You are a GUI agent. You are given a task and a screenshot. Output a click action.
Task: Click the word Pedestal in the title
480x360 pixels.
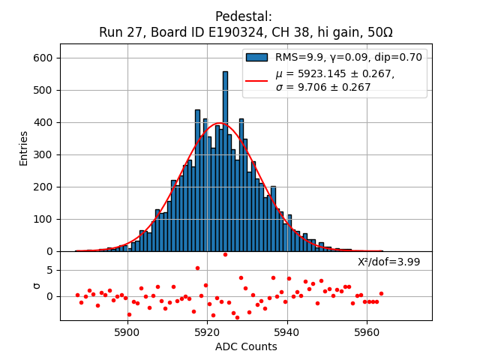(244, 16)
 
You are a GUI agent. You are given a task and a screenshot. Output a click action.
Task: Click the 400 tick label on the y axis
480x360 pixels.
(44, 122)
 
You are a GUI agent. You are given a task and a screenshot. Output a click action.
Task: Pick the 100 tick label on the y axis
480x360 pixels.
(44, 219)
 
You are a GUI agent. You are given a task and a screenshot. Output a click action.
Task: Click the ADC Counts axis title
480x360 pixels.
(246, 346)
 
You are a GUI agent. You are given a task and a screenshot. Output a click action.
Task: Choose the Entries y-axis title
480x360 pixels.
(24, 148)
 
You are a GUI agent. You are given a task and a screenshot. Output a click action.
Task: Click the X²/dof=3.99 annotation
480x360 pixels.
(388, 262)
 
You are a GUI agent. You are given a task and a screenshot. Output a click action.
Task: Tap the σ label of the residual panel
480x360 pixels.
(35, 286)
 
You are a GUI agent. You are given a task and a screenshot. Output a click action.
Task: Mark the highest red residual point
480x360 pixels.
(225, 254)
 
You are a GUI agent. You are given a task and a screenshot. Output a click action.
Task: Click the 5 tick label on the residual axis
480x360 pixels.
(50, 270)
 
